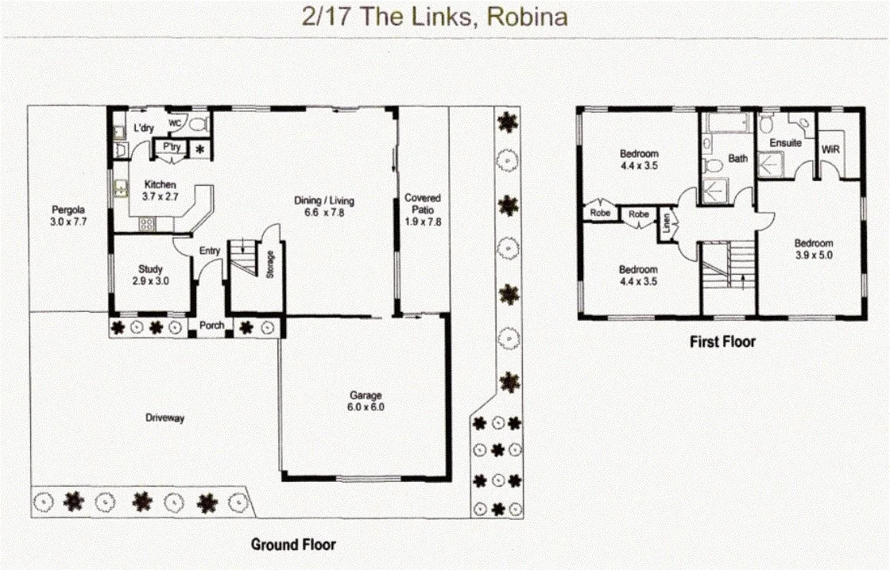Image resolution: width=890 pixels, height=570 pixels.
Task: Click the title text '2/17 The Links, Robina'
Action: pos(435,17)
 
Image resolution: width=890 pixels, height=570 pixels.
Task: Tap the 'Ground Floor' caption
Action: pos(293,545)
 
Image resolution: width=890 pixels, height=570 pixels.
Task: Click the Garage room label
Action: pos(366,401)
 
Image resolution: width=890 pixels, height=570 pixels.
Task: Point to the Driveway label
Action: pos(165,418)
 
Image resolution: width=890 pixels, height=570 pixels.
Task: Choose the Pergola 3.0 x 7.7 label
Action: pos(68,217)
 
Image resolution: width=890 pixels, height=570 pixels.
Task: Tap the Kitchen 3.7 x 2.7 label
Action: pos(159,190)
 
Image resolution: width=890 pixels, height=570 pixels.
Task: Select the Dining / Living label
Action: pos(324,206)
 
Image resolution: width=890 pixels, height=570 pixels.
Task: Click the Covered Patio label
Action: pos(422,210)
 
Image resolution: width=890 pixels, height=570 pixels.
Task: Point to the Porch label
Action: pos(211,325)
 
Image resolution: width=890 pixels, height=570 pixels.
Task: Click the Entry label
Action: pos(210,251)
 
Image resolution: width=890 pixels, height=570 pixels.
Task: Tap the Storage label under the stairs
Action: pos(271,261)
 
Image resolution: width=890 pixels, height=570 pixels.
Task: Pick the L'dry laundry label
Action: pos(144,128)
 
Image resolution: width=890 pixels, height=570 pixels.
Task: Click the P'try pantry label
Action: pos(170,147)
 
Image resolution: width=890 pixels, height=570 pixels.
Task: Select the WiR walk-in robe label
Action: pos(831,149)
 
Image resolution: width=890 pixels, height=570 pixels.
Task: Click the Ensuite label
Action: pos(785,143)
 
